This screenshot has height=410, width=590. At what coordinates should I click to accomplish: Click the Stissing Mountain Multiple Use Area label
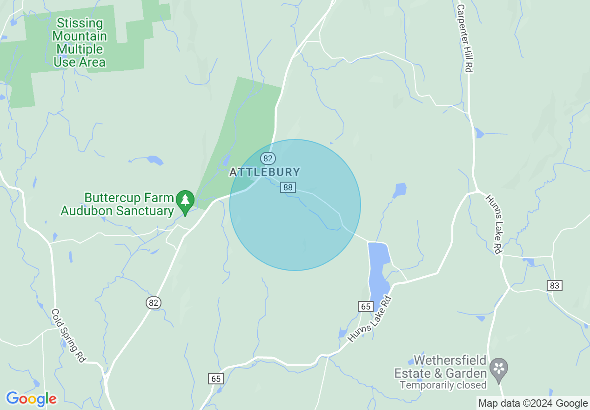[79, 42]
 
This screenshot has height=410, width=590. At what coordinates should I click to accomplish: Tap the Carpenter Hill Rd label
[464, 38]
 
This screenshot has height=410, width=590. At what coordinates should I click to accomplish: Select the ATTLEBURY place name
[265, 172]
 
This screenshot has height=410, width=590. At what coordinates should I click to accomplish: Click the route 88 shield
[288, 187]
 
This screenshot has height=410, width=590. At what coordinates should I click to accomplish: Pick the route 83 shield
[554, 285]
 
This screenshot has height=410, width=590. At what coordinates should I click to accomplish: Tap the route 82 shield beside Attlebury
[268, 158]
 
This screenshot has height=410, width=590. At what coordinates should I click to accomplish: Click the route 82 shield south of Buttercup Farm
[154, 303]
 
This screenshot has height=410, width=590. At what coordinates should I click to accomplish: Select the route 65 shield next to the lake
[366, 306]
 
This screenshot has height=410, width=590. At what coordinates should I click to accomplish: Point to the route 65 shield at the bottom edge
[216, 378]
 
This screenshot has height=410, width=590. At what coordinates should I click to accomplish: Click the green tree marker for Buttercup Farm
[185, 201]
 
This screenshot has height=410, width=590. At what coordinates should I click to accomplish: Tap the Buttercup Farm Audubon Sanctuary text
[117, 205]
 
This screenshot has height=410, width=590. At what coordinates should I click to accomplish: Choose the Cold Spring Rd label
[68, 335]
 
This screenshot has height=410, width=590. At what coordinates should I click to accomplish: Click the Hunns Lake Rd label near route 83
[493, 224]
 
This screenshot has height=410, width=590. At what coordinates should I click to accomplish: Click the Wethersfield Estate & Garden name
[440, 367]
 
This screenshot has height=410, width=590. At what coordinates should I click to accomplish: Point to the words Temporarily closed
[443, 385]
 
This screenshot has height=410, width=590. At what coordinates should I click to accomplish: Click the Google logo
[31, 399]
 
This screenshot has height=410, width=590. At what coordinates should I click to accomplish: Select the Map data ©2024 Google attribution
[533, 403]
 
